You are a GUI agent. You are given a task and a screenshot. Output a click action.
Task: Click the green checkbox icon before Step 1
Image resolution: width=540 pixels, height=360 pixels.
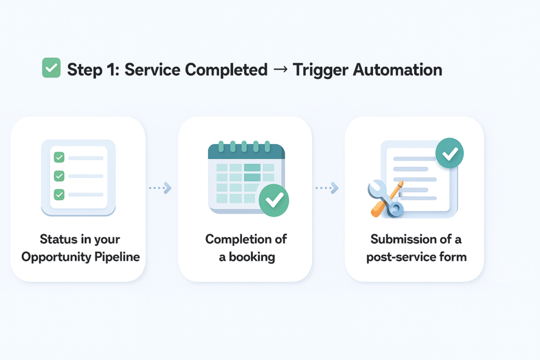click(51, 69)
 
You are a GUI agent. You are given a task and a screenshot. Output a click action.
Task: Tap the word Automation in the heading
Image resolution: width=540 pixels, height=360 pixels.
click(400, 70)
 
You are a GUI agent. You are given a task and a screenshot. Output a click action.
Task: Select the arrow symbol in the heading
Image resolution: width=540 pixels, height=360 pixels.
click(280, 70)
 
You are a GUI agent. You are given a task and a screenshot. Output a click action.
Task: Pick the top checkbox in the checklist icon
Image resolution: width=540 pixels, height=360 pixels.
click(59, 157)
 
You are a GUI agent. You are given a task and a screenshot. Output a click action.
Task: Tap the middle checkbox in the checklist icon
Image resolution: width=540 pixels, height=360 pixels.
click(59, 176)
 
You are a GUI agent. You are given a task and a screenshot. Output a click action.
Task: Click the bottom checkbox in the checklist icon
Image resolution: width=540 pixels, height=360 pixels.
click(59, 194)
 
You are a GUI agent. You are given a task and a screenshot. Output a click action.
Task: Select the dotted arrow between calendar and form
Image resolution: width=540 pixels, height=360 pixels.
click(327, 187)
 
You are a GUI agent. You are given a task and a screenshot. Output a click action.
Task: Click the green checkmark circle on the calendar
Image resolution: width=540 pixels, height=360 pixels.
click(274, 200)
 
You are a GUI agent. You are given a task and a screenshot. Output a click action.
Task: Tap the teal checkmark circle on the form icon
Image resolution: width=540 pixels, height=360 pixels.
click(449, 154)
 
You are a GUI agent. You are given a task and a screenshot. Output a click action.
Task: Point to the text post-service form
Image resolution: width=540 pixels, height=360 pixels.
click(416, 257)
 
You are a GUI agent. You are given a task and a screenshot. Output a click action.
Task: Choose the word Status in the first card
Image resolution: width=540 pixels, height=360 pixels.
click(57, 239)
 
